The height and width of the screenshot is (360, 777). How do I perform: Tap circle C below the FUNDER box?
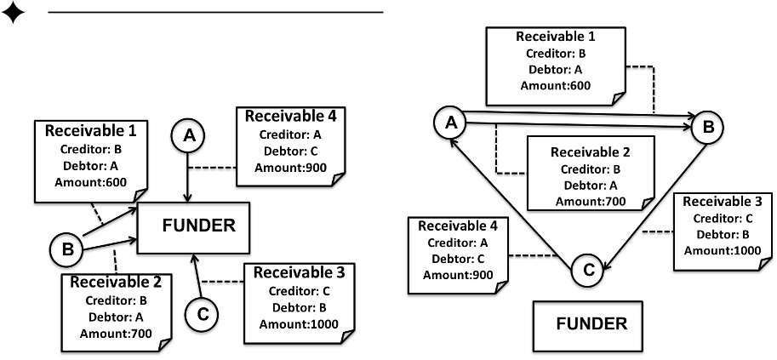tap(203, 313)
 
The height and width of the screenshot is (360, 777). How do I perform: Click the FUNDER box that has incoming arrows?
tap(193, 226)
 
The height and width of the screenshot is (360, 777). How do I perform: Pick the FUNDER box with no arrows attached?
tap(591, 323)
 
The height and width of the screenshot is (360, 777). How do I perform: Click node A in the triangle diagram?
tap(450, 123)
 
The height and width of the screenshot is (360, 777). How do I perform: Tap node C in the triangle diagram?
tap(585, 270)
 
